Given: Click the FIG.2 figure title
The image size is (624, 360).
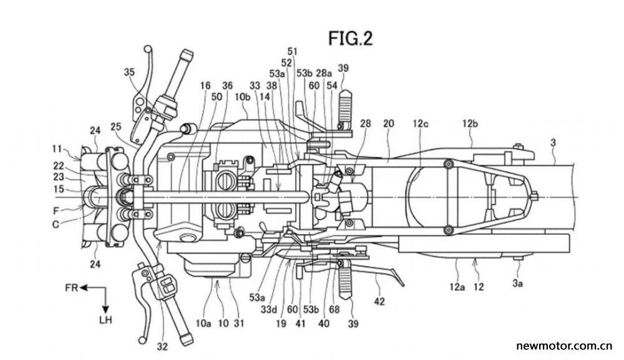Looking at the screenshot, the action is [x=350, y=39].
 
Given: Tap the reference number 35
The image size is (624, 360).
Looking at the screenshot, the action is [x=129, y=72].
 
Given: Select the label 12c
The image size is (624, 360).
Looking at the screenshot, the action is [x=420, y=124].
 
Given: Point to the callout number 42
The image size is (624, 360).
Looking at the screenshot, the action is [x=379, y=301].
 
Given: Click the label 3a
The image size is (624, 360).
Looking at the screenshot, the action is [x=517, y=283].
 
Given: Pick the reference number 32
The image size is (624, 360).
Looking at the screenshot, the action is [x=162, y=347].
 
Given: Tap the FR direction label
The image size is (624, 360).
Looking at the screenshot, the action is [x=72, y=288].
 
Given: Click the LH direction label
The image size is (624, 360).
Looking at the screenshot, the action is [x=105, y=319].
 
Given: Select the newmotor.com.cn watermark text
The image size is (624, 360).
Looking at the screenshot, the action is [x=564, y=346].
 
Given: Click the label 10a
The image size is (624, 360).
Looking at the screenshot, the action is [x=203, y=323].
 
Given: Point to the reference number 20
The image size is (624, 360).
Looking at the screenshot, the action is [x=388, y=124].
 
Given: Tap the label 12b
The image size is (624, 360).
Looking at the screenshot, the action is [x=470, y=124].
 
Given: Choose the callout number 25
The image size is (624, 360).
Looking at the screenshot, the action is [x=116, y=127].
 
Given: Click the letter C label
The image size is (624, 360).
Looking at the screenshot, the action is [x=56, y=225].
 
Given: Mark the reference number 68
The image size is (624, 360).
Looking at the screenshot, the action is [x=334, y=309].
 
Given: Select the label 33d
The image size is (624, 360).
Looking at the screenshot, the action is [x=269, y=309].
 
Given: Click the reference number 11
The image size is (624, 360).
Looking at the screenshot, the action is [x=57, y=149].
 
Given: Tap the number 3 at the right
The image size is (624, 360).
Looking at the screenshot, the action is [x=553, y=142].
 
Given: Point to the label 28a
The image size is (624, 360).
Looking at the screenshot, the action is [x=324, y=73].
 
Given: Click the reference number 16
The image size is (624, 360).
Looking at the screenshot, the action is [x=205, y=85].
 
